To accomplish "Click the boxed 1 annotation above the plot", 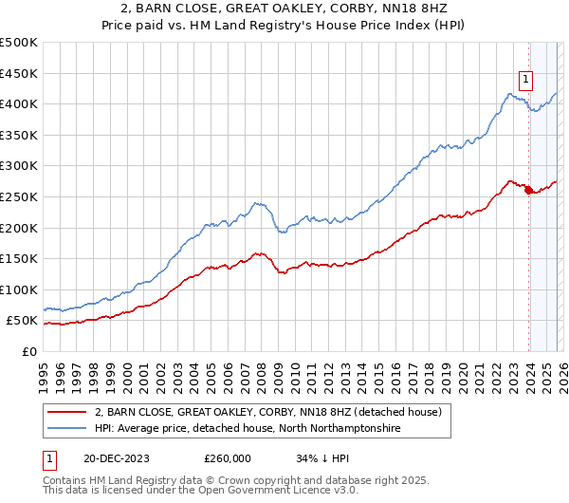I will coord(525,80).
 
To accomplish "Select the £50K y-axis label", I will coord(23,321).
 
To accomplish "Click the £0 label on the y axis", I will coord(30,352).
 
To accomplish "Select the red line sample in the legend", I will coord(67,413).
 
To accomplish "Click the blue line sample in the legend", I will coord(67,429).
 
